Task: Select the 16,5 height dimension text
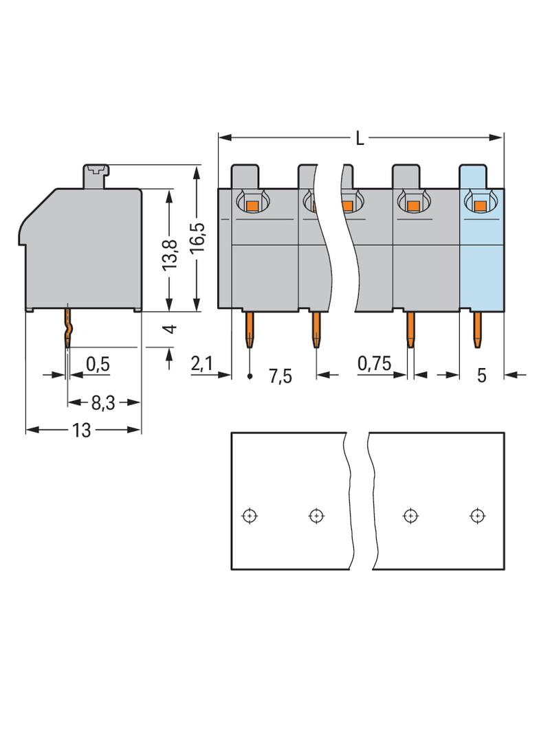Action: click(198, 238)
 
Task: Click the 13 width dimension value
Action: click(82, 431)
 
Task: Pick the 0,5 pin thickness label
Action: click(98, 365)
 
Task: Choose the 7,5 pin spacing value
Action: click(280, 376)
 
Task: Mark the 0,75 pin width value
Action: click(374, 365)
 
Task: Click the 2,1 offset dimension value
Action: click(201, 365)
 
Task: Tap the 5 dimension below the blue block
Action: click(482, 376)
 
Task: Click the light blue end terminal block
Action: click(481, 261)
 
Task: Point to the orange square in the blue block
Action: click(479, 204)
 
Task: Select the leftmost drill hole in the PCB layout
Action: click(250, 515)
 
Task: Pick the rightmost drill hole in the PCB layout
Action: click(475, 515)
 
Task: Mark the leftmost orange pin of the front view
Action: click(250, 330)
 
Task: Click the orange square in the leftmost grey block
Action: click(252, 205)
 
